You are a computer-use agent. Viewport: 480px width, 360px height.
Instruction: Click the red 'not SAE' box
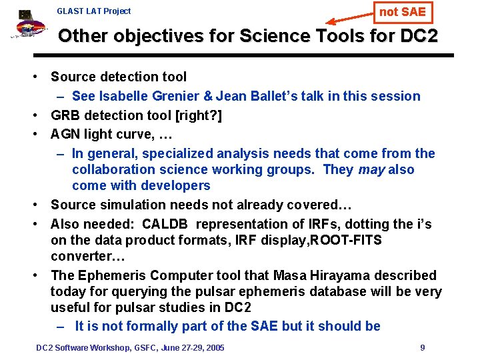402,11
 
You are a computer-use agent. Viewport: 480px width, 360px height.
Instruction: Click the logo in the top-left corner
27,27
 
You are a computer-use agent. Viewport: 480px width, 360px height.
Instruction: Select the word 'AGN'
65,134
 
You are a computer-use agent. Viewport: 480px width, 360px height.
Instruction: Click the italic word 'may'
371,169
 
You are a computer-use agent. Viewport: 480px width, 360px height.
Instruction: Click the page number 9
423,347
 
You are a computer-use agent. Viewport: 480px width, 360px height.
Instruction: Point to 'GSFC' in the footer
147,347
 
